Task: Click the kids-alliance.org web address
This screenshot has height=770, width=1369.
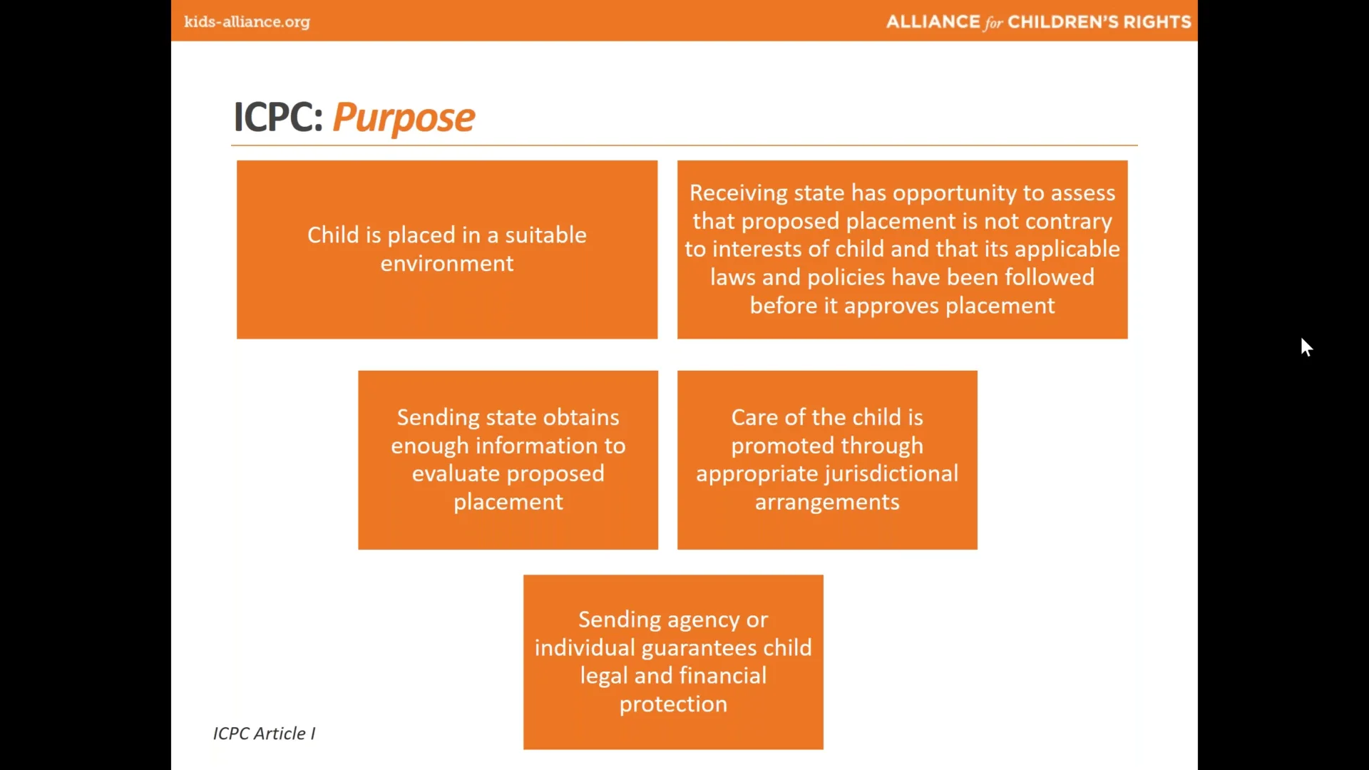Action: point(247,22)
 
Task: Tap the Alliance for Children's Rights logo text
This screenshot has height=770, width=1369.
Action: point(1038,22)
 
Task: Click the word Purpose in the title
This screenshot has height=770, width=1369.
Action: point(404,118)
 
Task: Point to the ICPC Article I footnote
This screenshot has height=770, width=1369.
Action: point(264,733)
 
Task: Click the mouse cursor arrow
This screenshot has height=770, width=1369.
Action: point(1306,347)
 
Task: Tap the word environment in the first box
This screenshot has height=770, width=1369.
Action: point(447,264)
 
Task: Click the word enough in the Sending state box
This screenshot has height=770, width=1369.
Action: point(430,446)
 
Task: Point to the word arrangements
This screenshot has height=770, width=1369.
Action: point(827,503)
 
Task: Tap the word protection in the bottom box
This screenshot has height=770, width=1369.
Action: point(673,704)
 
